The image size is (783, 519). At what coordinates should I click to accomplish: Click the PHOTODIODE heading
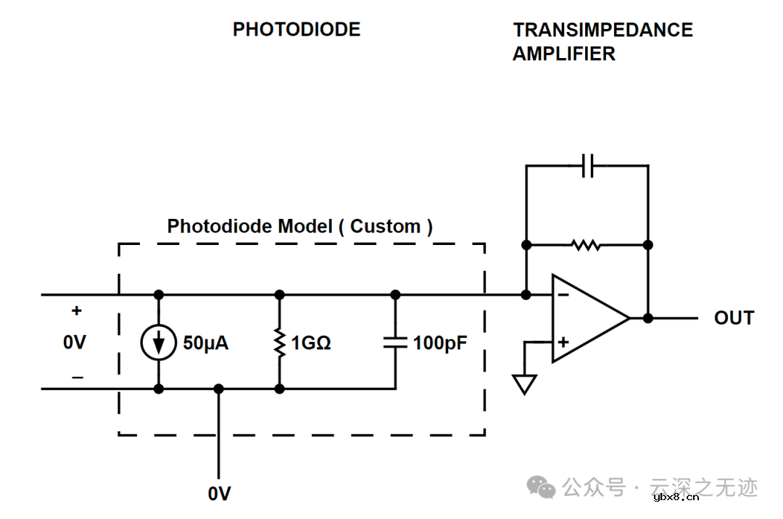click(x=297, y=30)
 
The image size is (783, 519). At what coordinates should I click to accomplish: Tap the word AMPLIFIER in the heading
click(x=563, y=54)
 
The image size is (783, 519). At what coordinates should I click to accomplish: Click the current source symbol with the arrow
click(x=158, y=343)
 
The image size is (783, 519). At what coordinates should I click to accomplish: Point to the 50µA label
click(x=205, y=343)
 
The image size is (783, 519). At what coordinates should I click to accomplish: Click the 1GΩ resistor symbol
click(x=280, y=343)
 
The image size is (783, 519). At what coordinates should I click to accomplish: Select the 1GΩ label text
click(x=311, y=343)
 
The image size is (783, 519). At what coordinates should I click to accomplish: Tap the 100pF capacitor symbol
click(x=395, y=343)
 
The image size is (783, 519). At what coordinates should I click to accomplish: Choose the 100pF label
click(x=440, y=343)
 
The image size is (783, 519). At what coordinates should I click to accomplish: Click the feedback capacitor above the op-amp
click(x=588, y=166)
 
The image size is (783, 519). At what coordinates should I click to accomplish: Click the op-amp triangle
click(x=587, y=317)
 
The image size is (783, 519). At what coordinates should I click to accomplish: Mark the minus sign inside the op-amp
click(x=563, y=295)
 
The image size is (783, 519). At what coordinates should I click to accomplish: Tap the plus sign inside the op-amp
click(x=563, y=341)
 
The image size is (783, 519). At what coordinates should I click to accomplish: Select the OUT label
click(x=734, y=318)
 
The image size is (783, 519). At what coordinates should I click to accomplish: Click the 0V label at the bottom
click(x=219, y=494)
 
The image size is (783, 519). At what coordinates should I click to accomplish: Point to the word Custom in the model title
click(x=385, y=226)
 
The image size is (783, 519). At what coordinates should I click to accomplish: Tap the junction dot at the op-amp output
click(x=648, y=317)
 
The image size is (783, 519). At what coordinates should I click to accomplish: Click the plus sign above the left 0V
click(x=76, y=311)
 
